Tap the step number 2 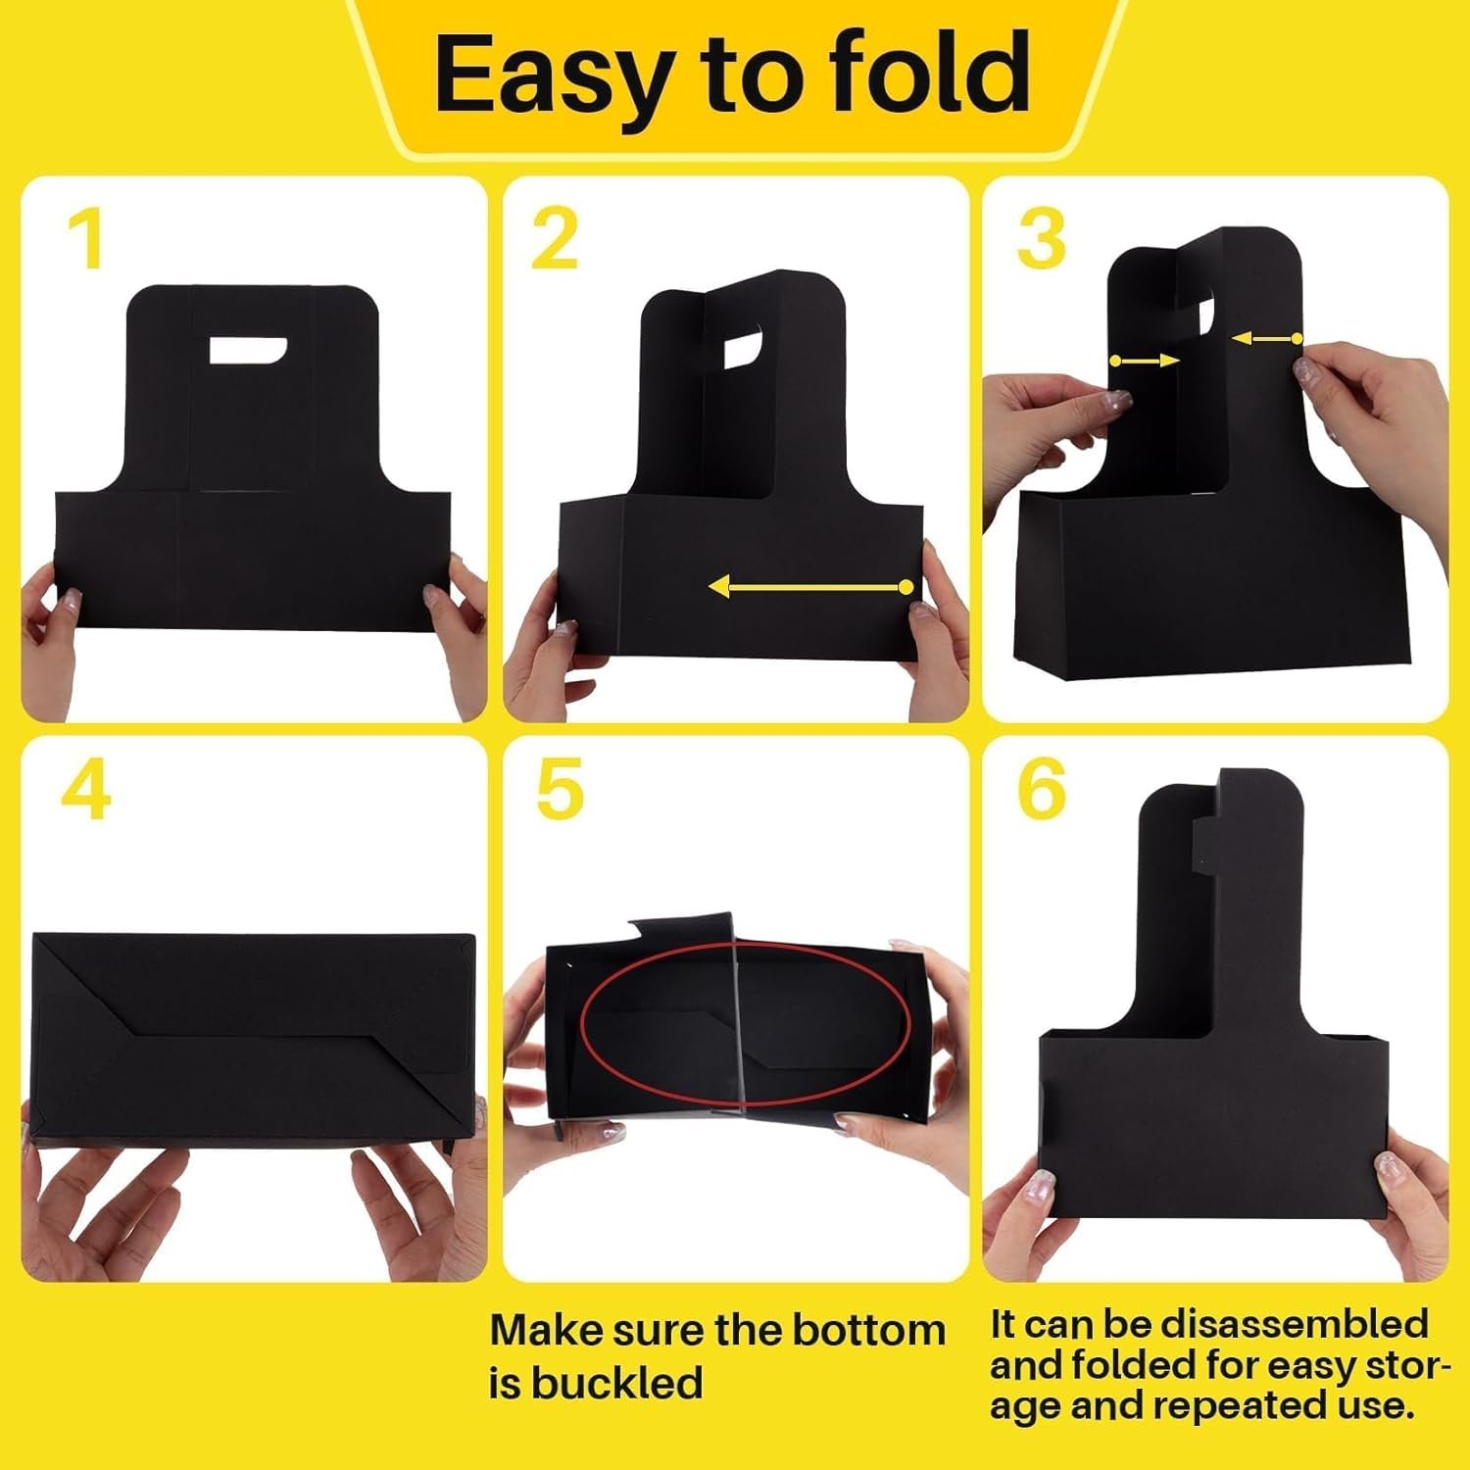[x=555, y=239]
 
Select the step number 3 [x=1041, y=239]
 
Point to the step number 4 [x=86, y=790]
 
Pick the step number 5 [x=560, y=790]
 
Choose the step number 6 [x=1041, y=790]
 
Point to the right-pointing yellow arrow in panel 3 [x=1145, y=362]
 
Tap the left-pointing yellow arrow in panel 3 [x=1265, y=339]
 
